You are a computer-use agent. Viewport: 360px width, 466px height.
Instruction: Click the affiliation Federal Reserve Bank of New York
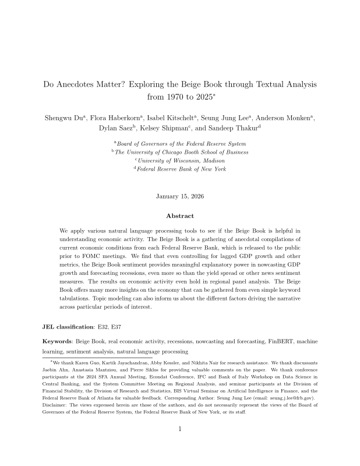[182, 169]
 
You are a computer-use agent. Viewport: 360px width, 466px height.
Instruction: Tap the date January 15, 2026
[180, 196]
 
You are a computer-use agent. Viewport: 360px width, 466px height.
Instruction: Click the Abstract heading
[180, 216]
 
